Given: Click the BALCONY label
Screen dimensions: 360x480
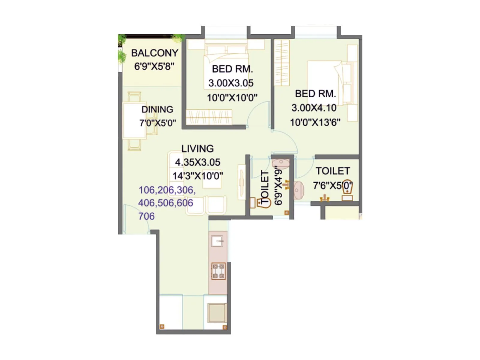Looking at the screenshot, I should coord(154,53).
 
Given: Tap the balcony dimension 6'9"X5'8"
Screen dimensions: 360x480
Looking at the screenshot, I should coord(154,66).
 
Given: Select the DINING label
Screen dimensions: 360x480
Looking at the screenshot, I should coord(157,109).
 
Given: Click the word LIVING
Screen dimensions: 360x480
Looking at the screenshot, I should coord(197,148).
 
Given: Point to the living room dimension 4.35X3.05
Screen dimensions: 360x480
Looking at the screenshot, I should coord(197,162).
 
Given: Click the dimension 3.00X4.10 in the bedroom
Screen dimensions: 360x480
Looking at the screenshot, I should coord(314,108).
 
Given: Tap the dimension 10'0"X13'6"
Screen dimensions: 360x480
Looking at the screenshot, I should coord(315,122).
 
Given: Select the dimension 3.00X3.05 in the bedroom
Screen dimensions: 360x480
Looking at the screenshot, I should coord(231,83).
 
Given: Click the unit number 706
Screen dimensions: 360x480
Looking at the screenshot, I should coord(146,216).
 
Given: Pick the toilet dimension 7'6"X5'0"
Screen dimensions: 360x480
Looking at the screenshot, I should coord(332,185).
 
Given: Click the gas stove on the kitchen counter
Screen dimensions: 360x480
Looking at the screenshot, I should coord(218,271).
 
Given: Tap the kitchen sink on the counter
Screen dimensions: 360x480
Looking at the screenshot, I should coord(217,241).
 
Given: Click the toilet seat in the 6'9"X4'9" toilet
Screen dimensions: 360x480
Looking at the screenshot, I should coord(260,202).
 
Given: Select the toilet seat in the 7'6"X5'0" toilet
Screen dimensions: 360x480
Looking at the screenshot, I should coord(347,191).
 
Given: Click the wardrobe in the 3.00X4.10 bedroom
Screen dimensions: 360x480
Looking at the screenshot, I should coord(282,63).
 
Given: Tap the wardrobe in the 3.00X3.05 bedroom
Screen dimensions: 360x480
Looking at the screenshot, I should coord(209,117).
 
